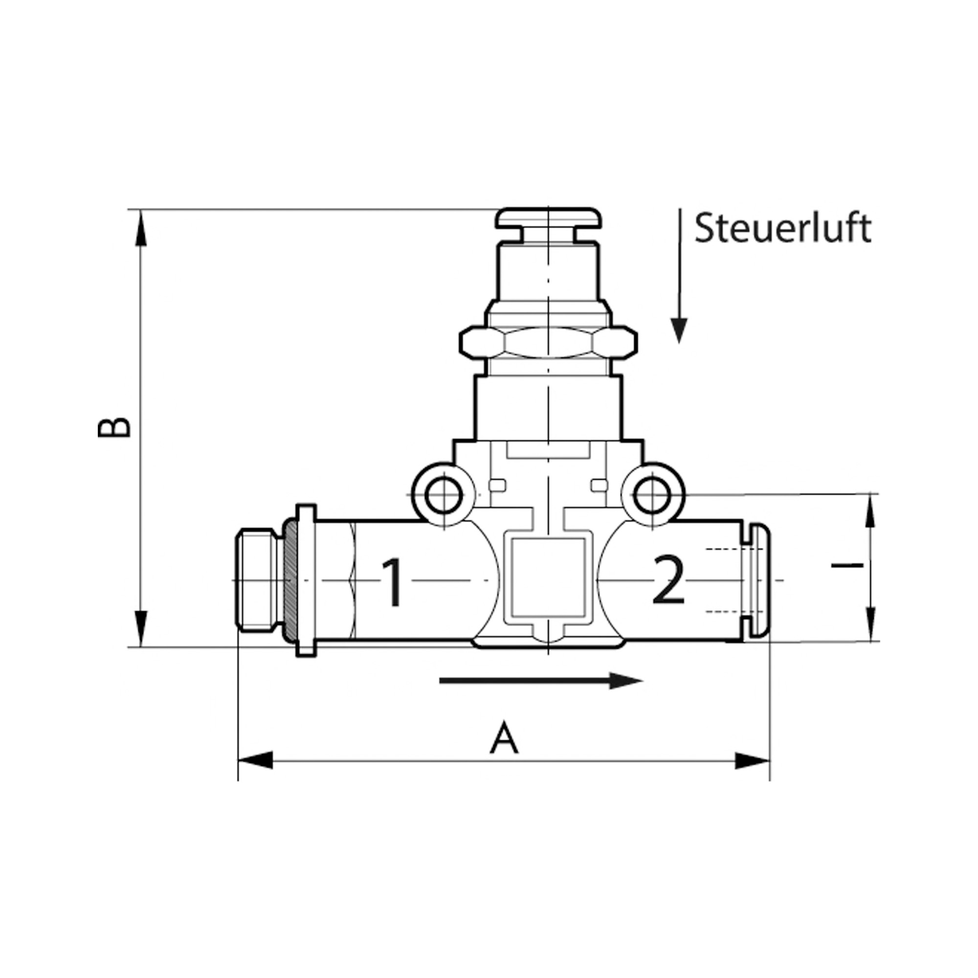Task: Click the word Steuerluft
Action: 782,229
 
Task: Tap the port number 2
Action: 668,580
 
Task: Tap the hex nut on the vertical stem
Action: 548,343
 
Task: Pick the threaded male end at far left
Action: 256,579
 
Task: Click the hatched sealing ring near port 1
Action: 290,579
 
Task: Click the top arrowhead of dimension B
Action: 141,228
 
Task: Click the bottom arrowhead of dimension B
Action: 141,629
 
